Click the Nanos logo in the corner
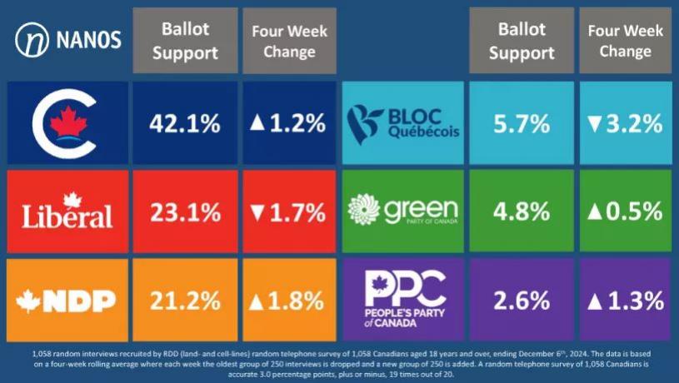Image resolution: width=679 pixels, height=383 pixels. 68,38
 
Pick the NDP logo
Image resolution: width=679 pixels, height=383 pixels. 67,301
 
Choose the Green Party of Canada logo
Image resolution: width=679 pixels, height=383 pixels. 403,211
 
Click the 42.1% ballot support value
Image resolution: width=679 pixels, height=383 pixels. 185,124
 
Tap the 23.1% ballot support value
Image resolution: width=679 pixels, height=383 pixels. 185,212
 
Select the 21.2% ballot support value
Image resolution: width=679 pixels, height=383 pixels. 185,301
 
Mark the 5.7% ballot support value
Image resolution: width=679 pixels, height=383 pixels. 522,124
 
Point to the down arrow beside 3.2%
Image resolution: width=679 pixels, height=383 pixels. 594,125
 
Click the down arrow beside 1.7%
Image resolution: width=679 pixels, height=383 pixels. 257,213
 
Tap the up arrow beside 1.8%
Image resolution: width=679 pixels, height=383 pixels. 257,301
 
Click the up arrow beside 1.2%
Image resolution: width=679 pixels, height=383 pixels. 257,125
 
